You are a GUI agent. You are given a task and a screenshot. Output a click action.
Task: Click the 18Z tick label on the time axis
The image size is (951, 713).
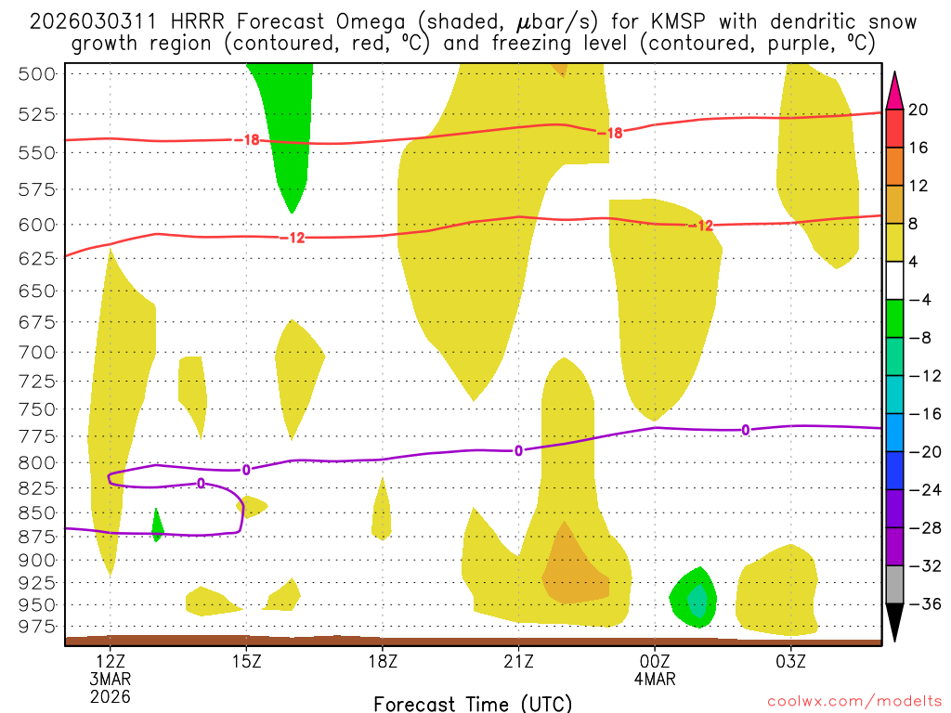[382, 663]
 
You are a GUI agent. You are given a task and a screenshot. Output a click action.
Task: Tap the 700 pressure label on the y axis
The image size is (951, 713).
[38, 352]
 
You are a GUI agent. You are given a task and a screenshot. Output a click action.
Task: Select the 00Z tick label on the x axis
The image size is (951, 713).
[655, 663]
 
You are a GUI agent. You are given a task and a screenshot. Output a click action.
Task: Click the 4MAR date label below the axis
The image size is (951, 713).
[655, 680]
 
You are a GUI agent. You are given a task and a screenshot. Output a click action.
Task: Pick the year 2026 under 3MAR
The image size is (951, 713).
[111, 695]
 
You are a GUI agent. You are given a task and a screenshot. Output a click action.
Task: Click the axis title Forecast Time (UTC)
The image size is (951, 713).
[473, 703]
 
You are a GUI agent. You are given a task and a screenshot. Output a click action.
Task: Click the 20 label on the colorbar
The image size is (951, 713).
[918, 110]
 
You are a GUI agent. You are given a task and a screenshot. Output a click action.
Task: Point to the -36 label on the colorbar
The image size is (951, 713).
[918, 604]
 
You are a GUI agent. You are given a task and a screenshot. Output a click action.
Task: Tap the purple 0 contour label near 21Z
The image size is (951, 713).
[518, 451]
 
